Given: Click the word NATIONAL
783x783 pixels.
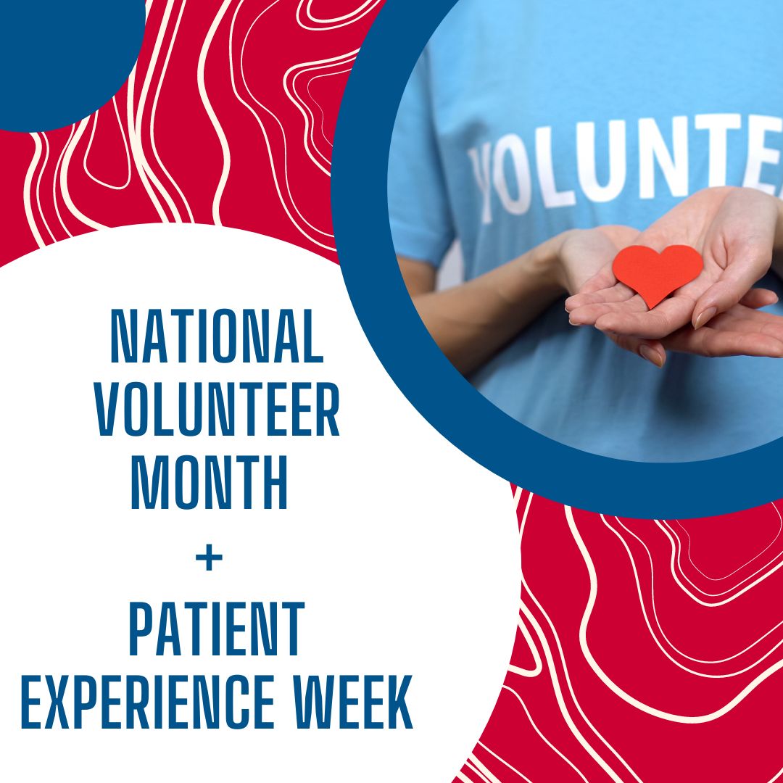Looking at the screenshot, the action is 217,336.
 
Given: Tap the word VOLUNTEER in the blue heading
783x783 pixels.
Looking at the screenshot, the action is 217,409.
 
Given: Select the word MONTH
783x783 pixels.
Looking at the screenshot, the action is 209,482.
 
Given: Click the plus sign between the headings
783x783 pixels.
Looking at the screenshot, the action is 210,558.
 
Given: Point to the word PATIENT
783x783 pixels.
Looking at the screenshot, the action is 217,628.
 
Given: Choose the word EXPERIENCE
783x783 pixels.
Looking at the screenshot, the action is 148,702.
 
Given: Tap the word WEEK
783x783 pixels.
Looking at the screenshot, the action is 352,702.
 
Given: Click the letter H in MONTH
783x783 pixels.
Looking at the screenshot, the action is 275,482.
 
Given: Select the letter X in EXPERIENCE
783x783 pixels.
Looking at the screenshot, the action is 57,702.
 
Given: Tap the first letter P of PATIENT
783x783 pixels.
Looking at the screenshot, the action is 141,628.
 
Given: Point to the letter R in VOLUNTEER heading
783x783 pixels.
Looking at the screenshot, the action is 328,409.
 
